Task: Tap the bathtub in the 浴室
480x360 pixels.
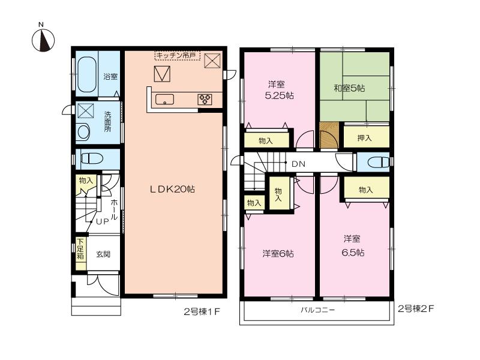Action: pyautogui.click(x=88, y=73)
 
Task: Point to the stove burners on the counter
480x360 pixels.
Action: pyautogui.click(x=205, y=100)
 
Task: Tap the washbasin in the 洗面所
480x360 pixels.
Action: pyautogui.click(x=83, y=131)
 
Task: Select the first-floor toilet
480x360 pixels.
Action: pyautogui.click(x=92, y=159)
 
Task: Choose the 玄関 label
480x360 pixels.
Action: pyautogui.click(x=104, y=254)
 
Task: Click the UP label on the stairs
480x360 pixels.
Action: pyautogui.click(x=103, y=221)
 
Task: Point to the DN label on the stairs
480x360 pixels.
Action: pyautogui.click(x=298, y=163)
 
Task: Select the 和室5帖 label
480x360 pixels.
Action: pyautogui.click(x=349, y=89)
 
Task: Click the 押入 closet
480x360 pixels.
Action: pyautogui.click(x=365, y=138)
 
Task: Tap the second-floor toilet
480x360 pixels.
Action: pyautogui.click(x=374, y=162)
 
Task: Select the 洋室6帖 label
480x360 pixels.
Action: pyautogui.click(x=277, y=253)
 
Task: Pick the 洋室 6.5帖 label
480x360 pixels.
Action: pyautogui.click(x=353, y=245)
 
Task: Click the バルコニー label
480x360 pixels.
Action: pyautogui.click(x=317, y=311)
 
